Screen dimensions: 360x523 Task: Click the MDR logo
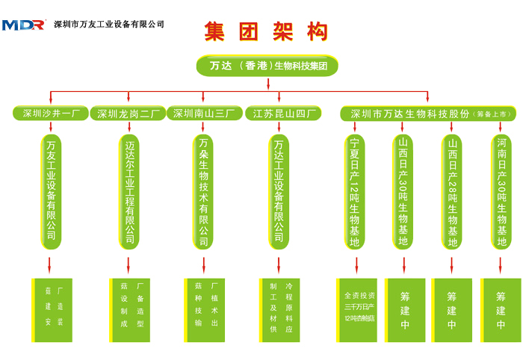24,25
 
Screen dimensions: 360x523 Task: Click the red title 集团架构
266,31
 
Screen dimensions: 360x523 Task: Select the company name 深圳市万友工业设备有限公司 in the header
110,25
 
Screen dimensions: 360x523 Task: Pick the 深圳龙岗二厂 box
129,114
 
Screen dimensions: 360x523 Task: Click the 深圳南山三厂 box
203,114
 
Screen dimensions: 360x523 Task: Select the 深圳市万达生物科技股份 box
428,114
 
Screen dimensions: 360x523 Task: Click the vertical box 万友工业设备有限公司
52,190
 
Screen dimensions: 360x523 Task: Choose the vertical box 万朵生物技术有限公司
203,190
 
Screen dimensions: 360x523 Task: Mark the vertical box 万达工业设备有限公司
279,190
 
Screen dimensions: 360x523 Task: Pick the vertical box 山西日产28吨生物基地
452,191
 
